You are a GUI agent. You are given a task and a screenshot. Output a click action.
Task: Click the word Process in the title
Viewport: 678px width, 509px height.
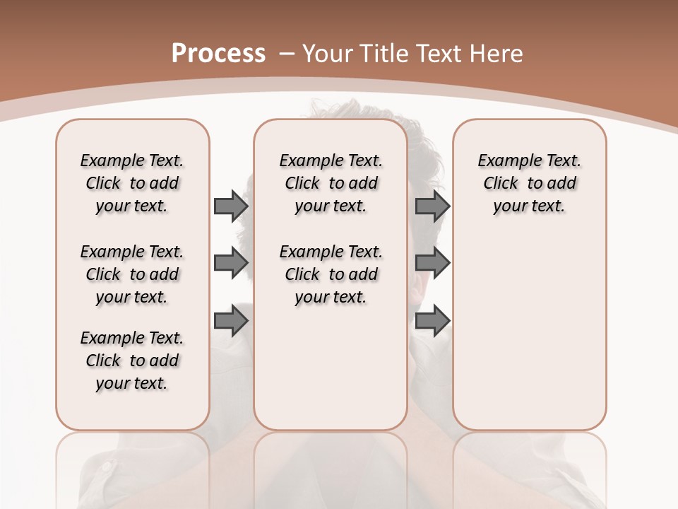click(x=218, y=53)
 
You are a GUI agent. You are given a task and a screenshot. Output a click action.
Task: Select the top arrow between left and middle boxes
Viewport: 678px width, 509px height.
click(x=231, y=206)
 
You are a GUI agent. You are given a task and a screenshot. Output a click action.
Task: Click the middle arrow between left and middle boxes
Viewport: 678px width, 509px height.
click(x=231, y=264)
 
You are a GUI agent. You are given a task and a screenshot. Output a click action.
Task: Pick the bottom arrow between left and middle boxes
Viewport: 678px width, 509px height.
click(x=231, y=322)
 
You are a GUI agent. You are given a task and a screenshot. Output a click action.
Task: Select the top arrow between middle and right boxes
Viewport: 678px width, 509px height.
click(x=432, y=206)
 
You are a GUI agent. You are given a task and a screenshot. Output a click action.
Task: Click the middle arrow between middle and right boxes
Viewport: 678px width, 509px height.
click(x=432, y=264)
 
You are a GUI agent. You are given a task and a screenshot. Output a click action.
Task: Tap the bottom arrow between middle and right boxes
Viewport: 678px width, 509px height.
click(x=432, y=322)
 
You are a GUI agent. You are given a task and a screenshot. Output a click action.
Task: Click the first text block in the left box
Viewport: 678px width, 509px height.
click(x=132, y=183)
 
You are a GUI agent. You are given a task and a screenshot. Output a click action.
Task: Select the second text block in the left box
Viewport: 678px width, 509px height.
click(x=132, y=274)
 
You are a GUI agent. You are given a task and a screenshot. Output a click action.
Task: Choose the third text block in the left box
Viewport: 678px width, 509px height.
click(x=132, y=361)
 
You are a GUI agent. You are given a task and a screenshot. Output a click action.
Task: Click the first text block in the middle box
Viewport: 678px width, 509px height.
click(x=331, y=183)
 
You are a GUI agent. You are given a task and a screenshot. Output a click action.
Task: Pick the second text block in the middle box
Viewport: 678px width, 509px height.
click(x=331, y=274)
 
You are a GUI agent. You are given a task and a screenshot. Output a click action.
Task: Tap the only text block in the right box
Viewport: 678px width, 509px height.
click(x=529, y=183)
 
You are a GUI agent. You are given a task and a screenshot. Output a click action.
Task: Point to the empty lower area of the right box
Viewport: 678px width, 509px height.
click(x=529, y=332)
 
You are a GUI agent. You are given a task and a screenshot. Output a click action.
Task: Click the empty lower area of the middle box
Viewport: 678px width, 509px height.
click(x=331, y=368)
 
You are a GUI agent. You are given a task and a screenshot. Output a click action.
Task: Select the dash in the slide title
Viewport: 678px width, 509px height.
click(x=287, y=53)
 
